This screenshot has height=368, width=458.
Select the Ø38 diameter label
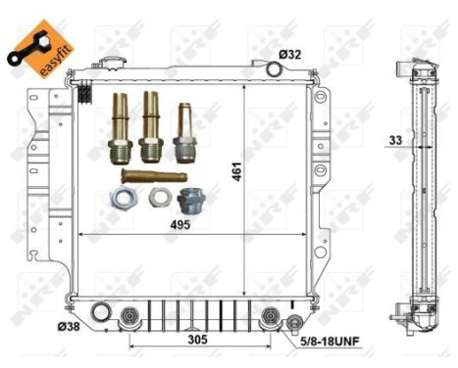(68, 326)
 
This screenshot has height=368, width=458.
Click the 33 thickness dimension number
(395, 141)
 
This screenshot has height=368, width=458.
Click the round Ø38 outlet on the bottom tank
(99, 313)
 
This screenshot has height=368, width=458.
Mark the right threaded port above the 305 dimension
(271, 315)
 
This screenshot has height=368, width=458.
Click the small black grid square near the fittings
(86, 95)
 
